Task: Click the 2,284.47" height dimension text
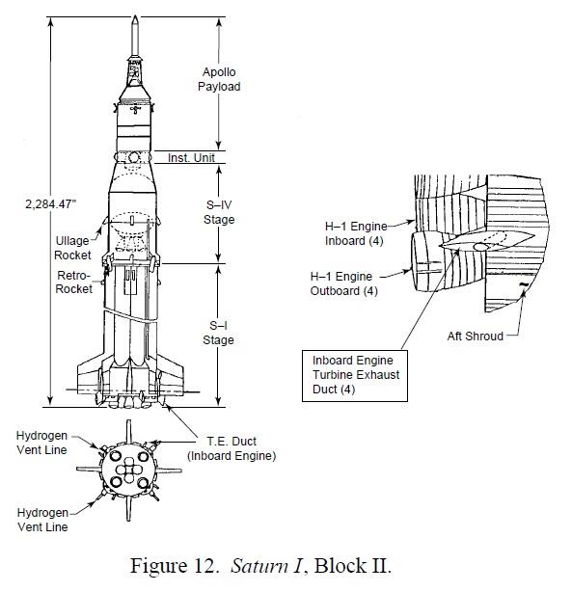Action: pyautogui.click(x=50, y=203)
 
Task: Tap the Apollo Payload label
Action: pyautogui.click(x=219, y=79)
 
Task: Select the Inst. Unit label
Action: pyautogui.click(x=191, y=157)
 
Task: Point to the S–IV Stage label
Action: pyautogui.click(x=219, y=212)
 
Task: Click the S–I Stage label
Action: pyautogui.click(x=218, y=333)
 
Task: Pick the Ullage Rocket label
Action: pyautogui.click(x=72, y=248)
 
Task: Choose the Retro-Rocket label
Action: pyautogui.click(x=73, y=282)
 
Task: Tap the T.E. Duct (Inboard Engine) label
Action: pyautogui.click(x=232, y=448)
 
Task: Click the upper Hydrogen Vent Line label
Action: pyautogui.click(x=41, y=443)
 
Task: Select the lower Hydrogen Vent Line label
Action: pyautogui.click(x=42, y=520)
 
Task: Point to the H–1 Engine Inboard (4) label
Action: pyautogui.click(x=356, y=233)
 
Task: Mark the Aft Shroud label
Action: pyautogui.click(x=476, y=336)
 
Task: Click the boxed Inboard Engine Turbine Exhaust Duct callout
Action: pyautogui.click(x=355, y=376)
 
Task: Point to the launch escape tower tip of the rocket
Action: pyautogui.click(x=135, y=16)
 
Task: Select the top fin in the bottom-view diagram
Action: pyautogui.click(x=129, y=432)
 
